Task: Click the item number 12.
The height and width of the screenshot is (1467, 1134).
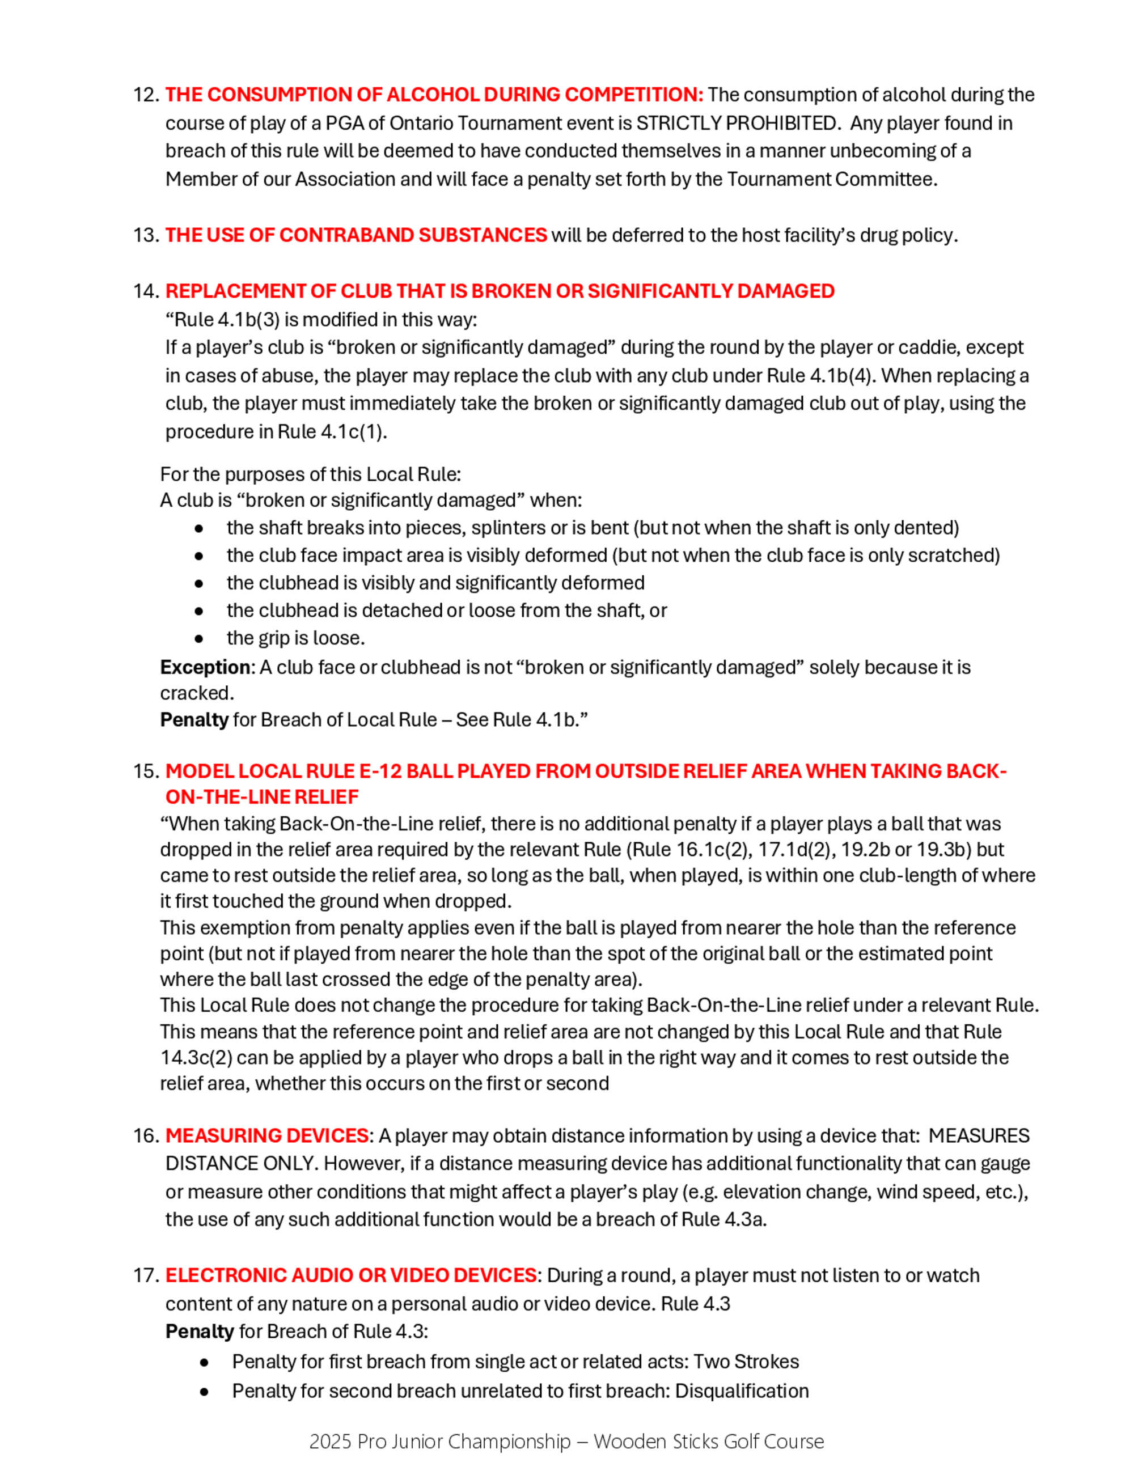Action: (x=145, y=95)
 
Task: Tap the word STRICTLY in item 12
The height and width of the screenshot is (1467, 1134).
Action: (x=678, y=123)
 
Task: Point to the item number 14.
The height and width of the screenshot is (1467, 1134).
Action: (x=145, y=291)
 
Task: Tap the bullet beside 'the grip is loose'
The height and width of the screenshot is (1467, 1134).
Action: (x=199, y=638)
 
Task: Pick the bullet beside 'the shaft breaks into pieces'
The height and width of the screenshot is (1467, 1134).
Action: (x=199, y=528)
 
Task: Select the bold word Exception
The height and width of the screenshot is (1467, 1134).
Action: (x=205, y=667)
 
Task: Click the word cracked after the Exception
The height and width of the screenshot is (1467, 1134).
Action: (x=196, y=693)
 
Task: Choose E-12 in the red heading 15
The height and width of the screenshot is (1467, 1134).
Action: (x=380, y=771)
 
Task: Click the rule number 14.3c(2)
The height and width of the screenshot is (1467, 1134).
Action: (x=196, y=1057)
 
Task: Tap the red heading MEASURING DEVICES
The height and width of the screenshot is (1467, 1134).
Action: (x=266, y=1136)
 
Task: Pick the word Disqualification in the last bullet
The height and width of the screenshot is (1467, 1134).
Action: (x=742, y=1390)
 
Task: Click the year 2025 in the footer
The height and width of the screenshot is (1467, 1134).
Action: (x=331, y=1441)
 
